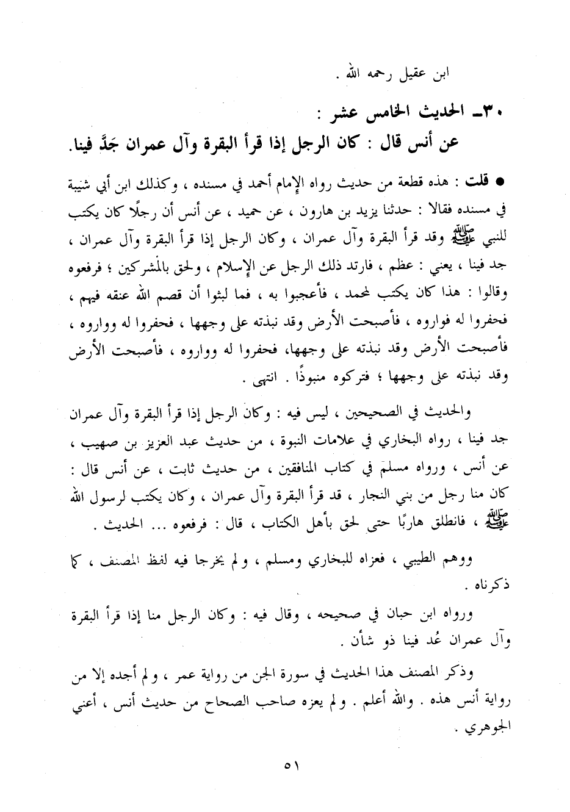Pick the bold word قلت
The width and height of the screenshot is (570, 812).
pyautogui.click(x=477, y=182)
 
